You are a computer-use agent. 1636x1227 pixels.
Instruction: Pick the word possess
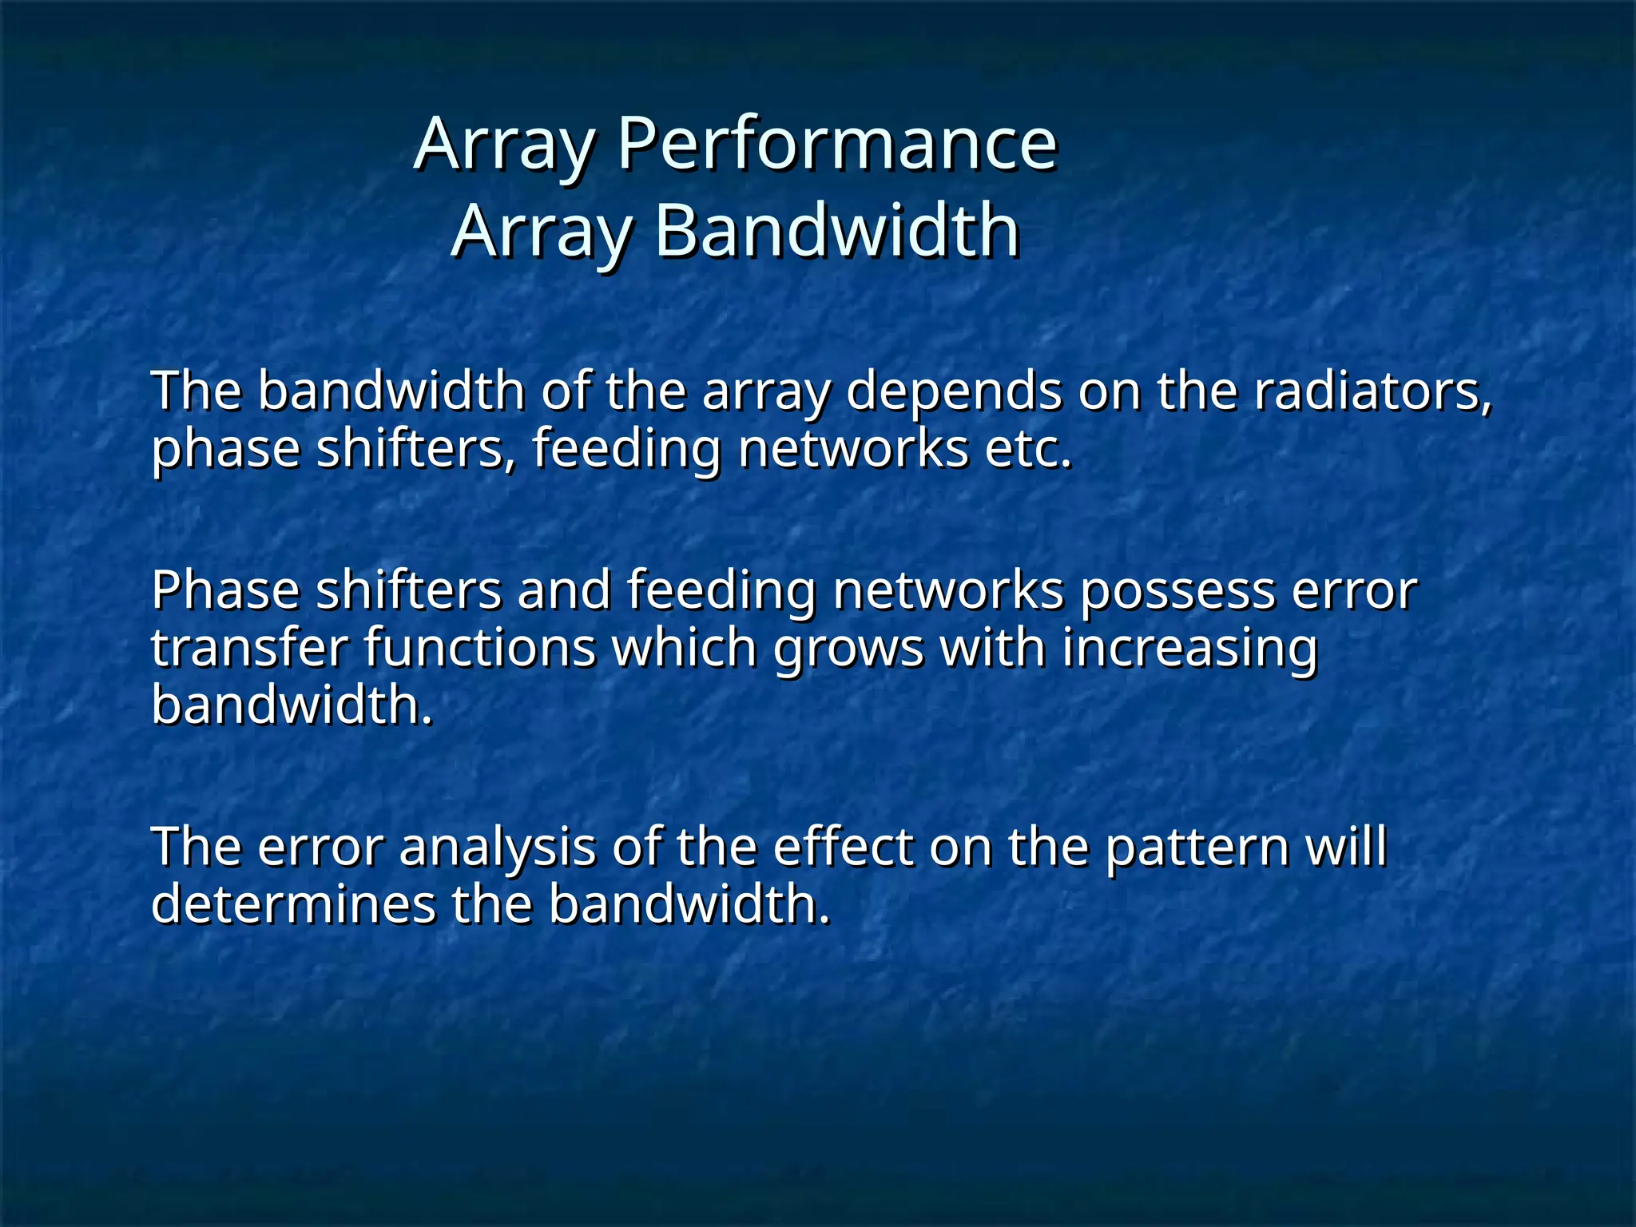point(1177,590)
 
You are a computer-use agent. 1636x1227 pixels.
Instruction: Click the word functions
point(480,648)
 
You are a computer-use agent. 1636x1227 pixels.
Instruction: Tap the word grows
point(848,648)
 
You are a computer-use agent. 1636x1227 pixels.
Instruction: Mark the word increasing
point(1189,648)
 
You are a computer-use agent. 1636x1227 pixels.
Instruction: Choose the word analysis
point(497,848)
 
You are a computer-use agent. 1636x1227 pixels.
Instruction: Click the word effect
point(842,848)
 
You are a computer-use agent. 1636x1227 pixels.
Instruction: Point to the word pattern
point(1196,848)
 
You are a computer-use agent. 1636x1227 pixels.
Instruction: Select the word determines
point(292,905)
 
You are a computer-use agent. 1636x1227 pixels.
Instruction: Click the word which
point(684,648)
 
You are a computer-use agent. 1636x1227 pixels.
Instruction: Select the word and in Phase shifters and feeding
point(564,590)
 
